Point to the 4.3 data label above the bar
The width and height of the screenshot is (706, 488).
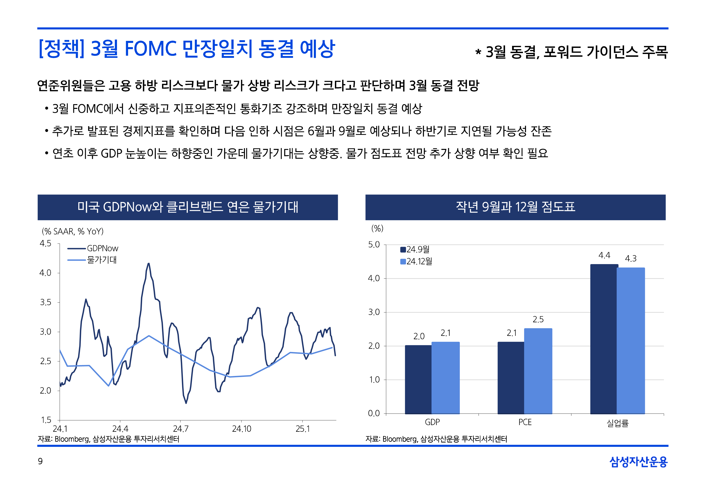pyautogui.click(x=630, y=259)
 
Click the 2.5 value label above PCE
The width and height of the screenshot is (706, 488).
pyautogui.click(x=538, y=319)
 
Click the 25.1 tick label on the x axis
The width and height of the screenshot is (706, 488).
pyautogui.click(x=303, y=429)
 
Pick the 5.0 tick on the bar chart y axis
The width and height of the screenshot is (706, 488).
pyautogui.click(x=374, y=245)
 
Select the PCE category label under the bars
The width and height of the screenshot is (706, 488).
pyautogui.click(x=525, y=422)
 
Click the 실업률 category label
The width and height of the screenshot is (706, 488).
pyautogui.click(x=617, y=423)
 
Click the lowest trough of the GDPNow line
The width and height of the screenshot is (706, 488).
pyautogui.click(x=186, y=403)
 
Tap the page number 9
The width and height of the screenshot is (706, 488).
pyautogui.click(x=40, y=461)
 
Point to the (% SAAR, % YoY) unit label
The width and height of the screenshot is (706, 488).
pyautogui.click(x=73, y=232)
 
